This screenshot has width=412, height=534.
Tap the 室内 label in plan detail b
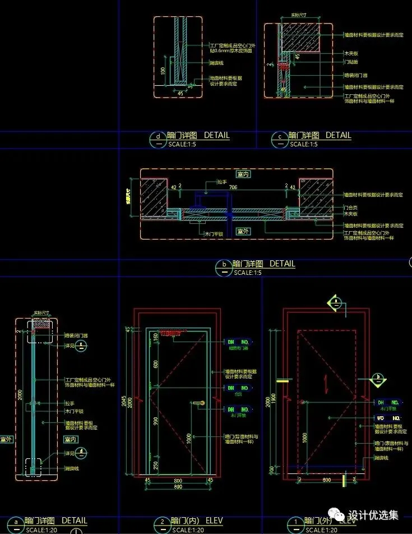coord(243,174)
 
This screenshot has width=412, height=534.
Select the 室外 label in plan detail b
coord(243,231)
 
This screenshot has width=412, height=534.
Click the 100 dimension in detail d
coord(163,71)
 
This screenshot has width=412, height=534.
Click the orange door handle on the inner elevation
coord(197,403)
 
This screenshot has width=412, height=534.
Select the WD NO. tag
coord(387,418)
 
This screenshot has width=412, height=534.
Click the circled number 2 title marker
coord(162,522)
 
